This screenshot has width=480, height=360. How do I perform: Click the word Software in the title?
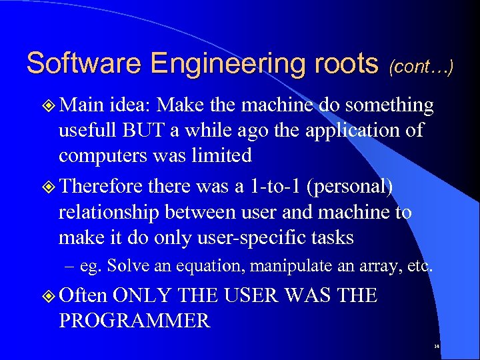click(84, 64)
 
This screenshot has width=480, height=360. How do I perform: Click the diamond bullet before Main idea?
click(47, 105)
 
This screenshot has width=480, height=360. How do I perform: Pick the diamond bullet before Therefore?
click(47, 188)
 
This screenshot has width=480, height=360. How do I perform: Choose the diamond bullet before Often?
click(47, 295)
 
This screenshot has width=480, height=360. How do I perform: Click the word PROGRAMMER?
click(135, 321)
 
